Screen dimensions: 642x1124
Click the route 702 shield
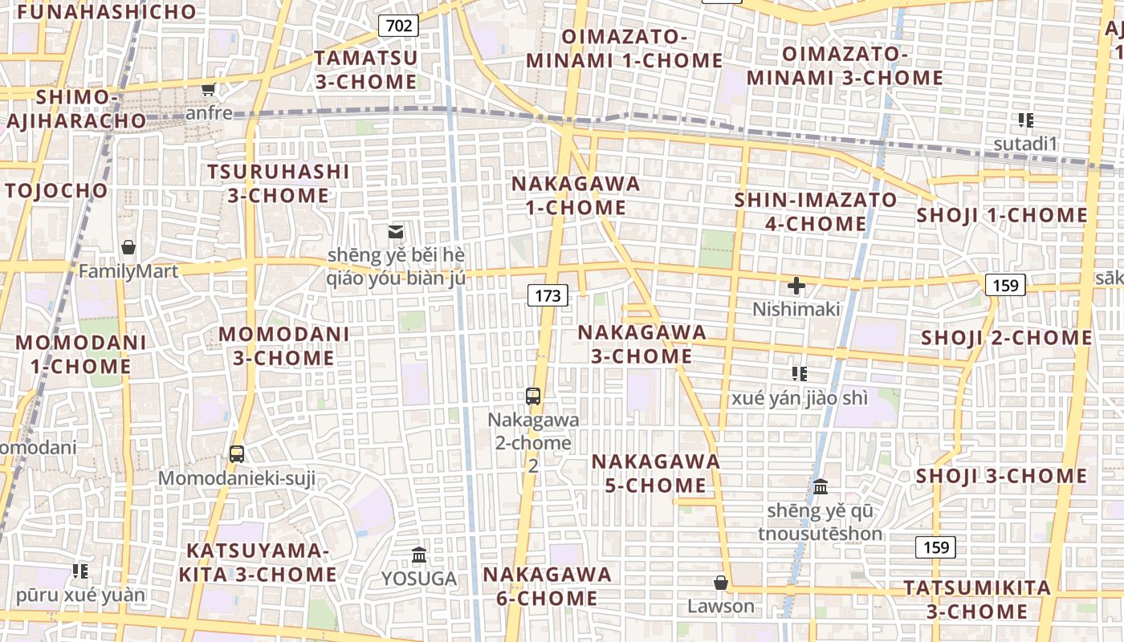pos(399,26)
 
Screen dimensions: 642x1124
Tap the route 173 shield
pos(548,295)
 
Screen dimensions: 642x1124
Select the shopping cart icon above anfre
pos(209,90)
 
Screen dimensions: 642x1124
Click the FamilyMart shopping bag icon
pos(128,247)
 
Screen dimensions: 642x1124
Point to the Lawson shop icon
pos(721,583)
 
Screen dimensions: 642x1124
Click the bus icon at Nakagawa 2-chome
pos(533,396)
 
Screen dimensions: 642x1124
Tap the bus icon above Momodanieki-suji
pos(237,454)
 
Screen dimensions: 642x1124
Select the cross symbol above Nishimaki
pos(796,286)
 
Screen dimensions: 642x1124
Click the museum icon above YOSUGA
pos(418,555)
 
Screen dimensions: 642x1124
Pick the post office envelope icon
pos(396,232)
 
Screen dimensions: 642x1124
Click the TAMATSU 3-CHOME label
pos(366,70)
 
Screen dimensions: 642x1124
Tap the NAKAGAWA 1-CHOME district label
pos(576,195)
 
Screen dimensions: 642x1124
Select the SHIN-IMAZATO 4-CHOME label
pos(816,211)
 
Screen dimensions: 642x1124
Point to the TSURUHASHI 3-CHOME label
pos(279,183)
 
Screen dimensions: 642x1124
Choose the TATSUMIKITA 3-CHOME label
pos(977,599)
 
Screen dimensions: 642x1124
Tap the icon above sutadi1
pos(1025,120)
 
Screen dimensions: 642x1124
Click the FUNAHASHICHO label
pos(106,12)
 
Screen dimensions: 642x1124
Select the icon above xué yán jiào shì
pos(799,373)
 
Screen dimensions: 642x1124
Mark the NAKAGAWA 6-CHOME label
pos(547,586)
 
